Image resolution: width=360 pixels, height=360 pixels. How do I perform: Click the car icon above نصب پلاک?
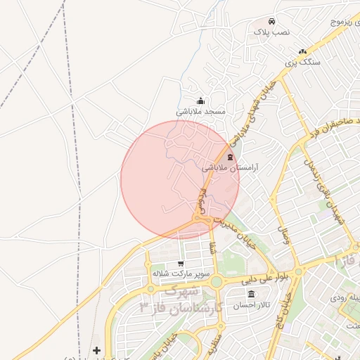[x=272, y=21]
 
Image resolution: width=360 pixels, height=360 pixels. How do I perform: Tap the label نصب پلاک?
[x=271, y=32]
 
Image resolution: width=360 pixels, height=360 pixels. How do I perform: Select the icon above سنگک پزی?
[x=302, y=51]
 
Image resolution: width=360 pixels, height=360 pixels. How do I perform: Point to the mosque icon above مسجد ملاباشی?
[x=200, y=101]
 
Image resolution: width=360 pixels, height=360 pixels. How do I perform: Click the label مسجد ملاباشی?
[x=200, y=112]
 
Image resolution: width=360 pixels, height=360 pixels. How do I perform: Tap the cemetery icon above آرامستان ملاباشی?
[x=231, y=157]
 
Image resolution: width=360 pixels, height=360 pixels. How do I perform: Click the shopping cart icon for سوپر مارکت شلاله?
[x=181, y=263]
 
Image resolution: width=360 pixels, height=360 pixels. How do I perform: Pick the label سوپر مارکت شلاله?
[x=169, y=273]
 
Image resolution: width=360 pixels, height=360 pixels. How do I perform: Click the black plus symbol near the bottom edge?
[x=96, y=350]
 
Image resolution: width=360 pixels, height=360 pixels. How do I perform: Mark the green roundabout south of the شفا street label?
[x=216, y=282]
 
